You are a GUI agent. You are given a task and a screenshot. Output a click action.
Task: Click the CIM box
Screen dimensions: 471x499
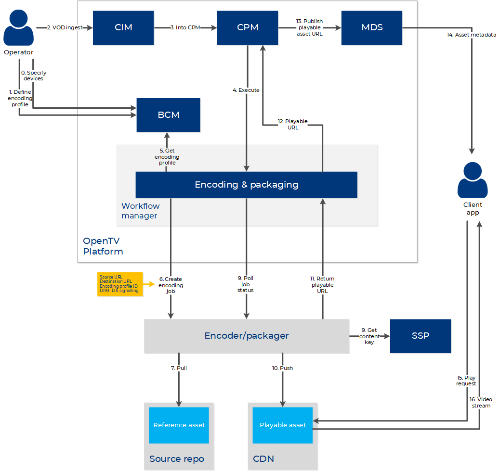pos(123,28)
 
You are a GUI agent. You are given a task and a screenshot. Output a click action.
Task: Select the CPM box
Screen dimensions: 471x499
pos(248,28)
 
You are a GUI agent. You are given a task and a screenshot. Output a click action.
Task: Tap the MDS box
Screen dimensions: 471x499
pos(372,28)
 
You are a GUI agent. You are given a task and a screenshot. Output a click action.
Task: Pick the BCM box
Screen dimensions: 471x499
pos(168,115)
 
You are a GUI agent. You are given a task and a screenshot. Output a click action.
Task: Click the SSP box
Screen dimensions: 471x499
pos(420,336)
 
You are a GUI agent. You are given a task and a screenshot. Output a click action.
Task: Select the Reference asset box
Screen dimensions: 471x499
pos(179,425)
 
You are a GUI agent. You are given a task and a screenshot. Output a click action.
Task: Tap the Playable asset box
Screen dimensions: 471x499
pos(283,425)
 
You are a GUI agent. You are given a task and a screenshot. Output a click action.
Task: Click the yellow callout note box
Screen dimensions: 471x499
pos(119,284)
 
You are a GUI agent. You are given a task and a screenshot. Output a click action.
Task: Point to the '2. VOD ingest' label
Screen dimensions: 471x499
pos(65,28)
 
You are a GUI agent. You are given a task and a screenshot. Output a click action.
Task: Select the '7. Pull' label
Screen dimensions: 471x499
pos(179,368)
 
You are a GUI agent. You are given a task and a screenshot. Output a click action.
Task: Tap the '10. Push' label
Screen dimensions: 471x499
pos(282,368)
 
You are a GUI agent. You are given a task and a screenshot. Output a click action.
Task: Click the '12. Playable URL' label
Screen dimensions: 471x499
pos(293,125)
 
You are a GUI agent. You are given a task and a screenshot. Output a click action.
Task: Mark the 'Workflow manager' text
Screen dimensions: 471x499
pos(140,211)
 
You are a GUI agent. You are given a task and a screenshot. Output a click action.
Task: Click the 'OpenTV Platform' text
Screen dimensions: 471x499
pos(103,246)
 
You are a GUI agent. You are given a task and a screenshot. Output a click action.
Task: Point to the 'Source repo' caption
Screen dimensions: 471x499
pos(176,459)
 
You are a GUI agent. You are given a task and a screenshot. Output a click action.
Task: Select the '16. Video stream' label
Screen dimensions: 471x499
pos(480,403)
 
